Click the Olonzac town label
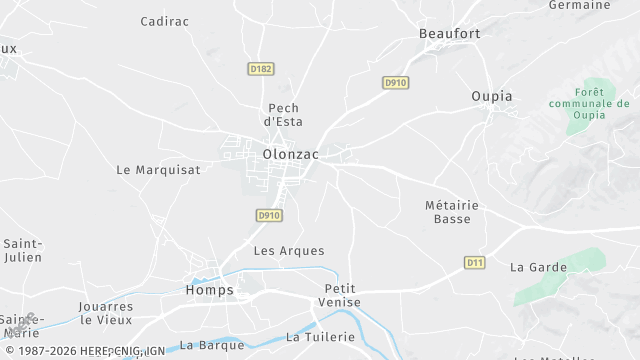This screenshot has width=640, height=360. click(x=289, y=154)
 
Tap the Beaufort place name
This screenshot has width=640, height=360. click(x=449, y=33)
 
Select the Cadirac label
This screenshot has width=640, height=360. click(x=165, y=20)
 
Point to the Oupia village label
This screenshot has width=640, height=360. click(x=491, y=96)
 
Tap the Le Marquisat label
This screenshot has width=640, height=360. click(x=158, y=170)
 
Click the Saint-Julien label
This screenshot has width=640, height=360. click(x=22, y=251)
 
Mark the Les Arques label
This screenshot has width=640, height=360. click(x=289, y=250)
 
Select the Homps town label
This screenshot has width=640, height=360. click(x=209, y=290)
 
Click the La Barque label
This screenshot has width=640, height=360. click(x=212, y=345)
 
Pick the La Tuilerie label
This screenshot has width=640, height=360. click(x=320, y=337)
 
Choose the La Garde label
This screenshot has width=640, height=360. click(x=538, y=267)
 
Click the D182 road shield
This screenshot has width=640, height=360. click(x=261, y=69)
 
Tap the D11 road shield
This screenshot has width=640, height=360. click(x=476, y=262)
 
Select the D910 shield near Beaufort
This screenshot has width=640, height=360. click(x=395, y=82)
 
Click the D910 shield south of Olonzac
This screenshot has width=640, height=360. click(x=268, y=215)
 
